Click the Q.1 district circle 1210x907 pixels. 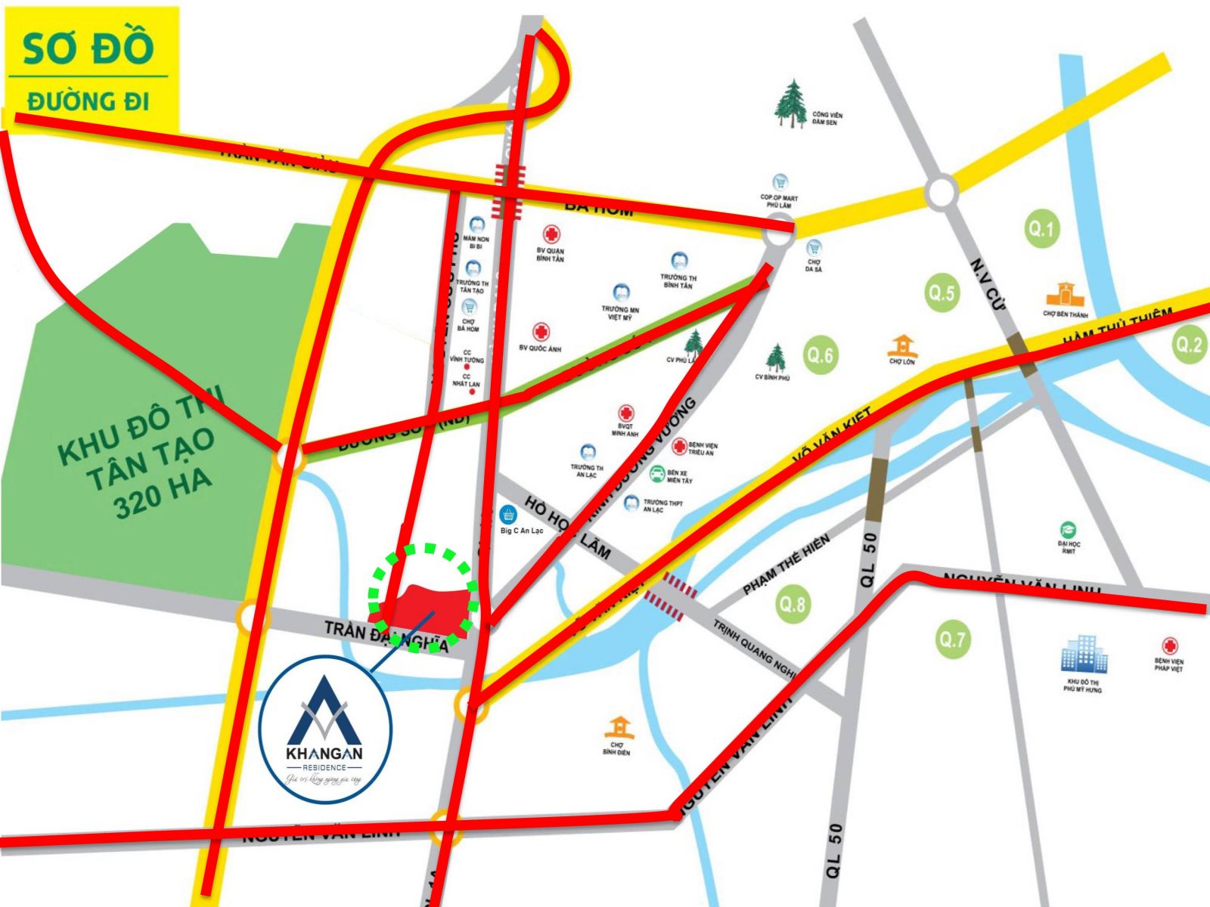point(1041,228)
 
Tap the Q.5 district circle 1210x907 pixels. point(942,293)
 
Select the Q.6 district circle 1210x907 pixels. point(820,354)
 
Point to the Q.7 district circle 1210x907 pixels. point(952,639)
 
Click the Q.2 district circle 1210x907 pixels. point(1188,345)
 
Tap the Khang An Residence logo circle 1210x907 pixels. point(325,729)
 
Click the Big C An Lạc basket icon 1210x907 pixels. point(509,515)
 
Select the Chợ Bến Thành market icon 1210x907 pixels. point(1065,294)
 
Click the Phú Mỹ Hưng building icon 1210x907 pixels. point(1083,655)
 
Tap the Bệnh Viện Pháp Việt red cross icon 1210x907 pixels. point(1170,646)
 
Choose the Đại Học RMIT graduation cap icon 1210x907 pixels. point(1068,529)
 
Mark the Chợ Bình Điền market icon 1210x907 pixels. point(619,729)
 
